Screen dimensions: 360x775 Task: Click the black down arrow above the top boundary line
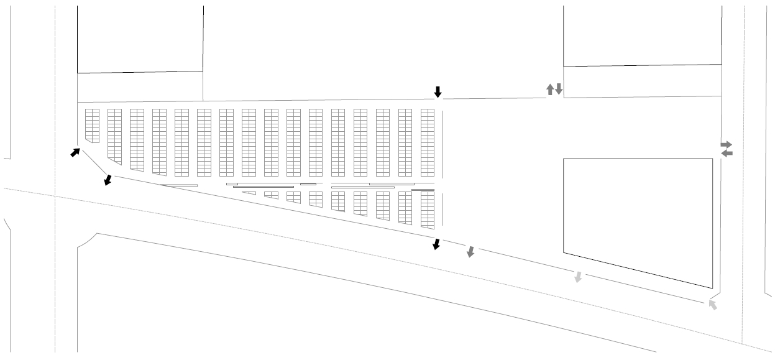click(438, 92)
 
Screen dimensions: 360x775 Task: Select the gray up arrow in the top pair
click(549, 90)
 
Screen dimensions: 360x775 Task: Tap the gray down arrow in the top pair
click(559, 89)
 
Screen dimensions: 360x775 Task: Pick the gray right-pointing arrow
click(726, 144)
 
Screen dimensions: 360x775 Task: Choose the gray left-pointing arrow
click(726, 153)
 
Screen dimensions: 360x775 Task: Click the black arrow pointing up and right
click(75, 152)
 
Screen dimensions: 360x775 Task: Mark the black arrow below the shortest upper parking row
click(108, 180)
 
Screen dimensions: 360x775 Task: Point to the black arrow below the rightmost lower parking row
click(436, 244)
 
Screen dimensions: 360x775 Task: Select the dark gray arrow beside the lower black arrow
click(470, 252)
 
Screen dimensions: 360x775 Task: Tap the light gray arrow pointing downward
click(578, 277)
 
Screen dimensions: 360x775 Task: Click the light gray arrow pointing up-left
click(712, 305)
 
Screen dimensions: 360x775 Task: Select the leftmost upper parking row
click(92, 125)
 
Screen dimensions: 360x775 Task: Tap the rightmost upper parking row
click(427, 142)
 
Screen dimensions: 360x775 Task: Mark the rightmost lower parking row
click(427, 210)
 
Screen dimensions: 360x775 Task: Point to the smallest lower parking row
click(249, 193)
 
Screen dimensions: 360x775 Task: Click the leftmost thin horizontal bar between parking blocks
click(178, 185)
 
